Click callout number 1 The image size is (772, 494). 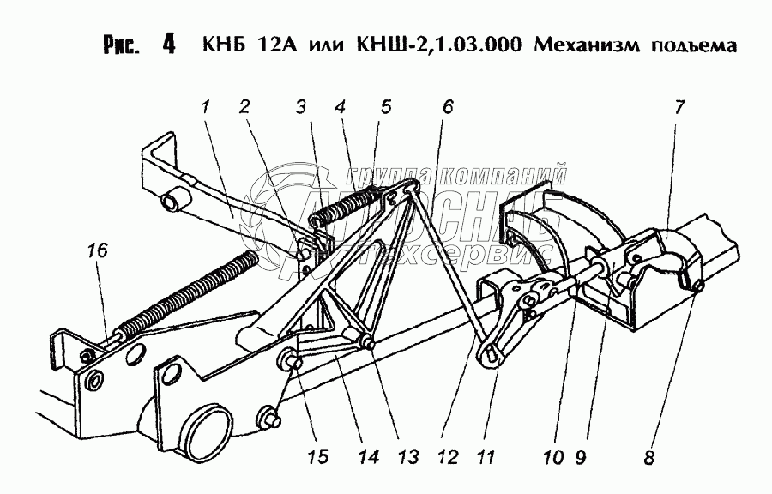206,108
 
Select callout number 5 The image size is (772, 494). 385,108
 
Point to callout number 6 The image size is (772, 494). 447,108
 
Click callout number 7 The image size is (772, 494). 679,108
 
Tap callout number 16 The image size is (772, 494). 97,250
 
